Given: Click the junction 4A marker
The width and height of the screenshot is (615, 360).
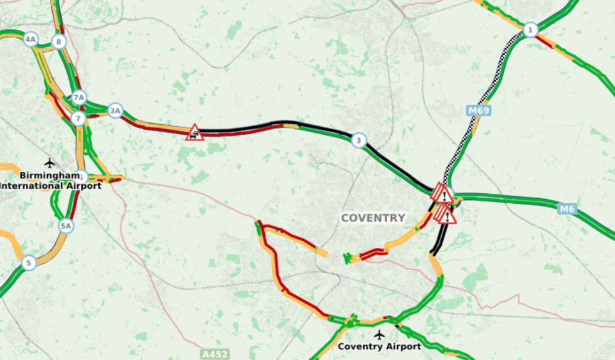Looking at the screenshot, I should [31, 40].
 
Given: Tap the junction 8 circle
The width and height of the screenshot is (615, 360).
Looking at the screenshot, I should [59, 42].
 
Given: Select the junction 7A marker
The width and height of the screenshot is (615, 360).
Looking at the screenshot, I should [78, 97].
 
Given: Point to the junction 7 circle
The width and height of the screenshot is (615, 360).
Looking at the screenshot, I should [78, 118].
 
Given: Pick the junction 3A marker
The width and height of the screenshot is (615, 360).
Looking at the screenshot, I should [115, 111].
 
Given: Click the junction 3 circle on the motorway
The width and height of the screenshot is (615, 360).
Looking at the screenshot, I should [358, 140].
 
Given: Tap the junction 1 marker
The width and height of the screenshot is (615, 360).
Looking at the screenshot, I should [531, 29].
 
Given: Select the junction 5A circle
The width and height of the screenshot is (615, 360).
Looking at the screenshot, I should [67, 226].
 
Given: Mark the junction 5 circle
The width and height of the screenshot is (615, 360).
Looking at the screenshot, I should [28, 262].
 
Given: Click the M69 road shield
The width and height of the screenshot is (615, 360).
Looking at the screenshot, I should [479, 111].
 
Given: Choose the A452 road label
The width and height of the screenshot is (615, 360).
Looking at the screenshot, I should [215, 354].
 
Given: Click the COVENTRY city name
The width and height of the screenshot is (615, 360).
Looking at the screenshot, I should [373, 218].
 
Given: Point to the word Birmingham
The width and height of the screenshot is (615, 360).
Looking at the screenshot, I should [48, 175].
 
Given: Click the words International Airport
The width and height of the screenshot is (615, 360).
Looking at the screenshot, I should [50, 186].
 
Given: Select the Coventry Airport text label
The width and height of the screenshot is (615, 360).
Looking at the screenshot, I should [379, 346].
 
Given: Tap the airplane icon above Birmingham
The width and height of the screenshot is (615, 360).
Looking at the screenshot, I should [50, 163].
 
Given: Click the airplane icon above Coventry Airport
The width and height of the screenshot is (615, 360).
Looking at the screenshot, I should [378, 334].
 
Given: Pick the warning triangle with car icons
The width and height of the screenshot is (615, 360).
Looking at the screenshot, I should [195, 132].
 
